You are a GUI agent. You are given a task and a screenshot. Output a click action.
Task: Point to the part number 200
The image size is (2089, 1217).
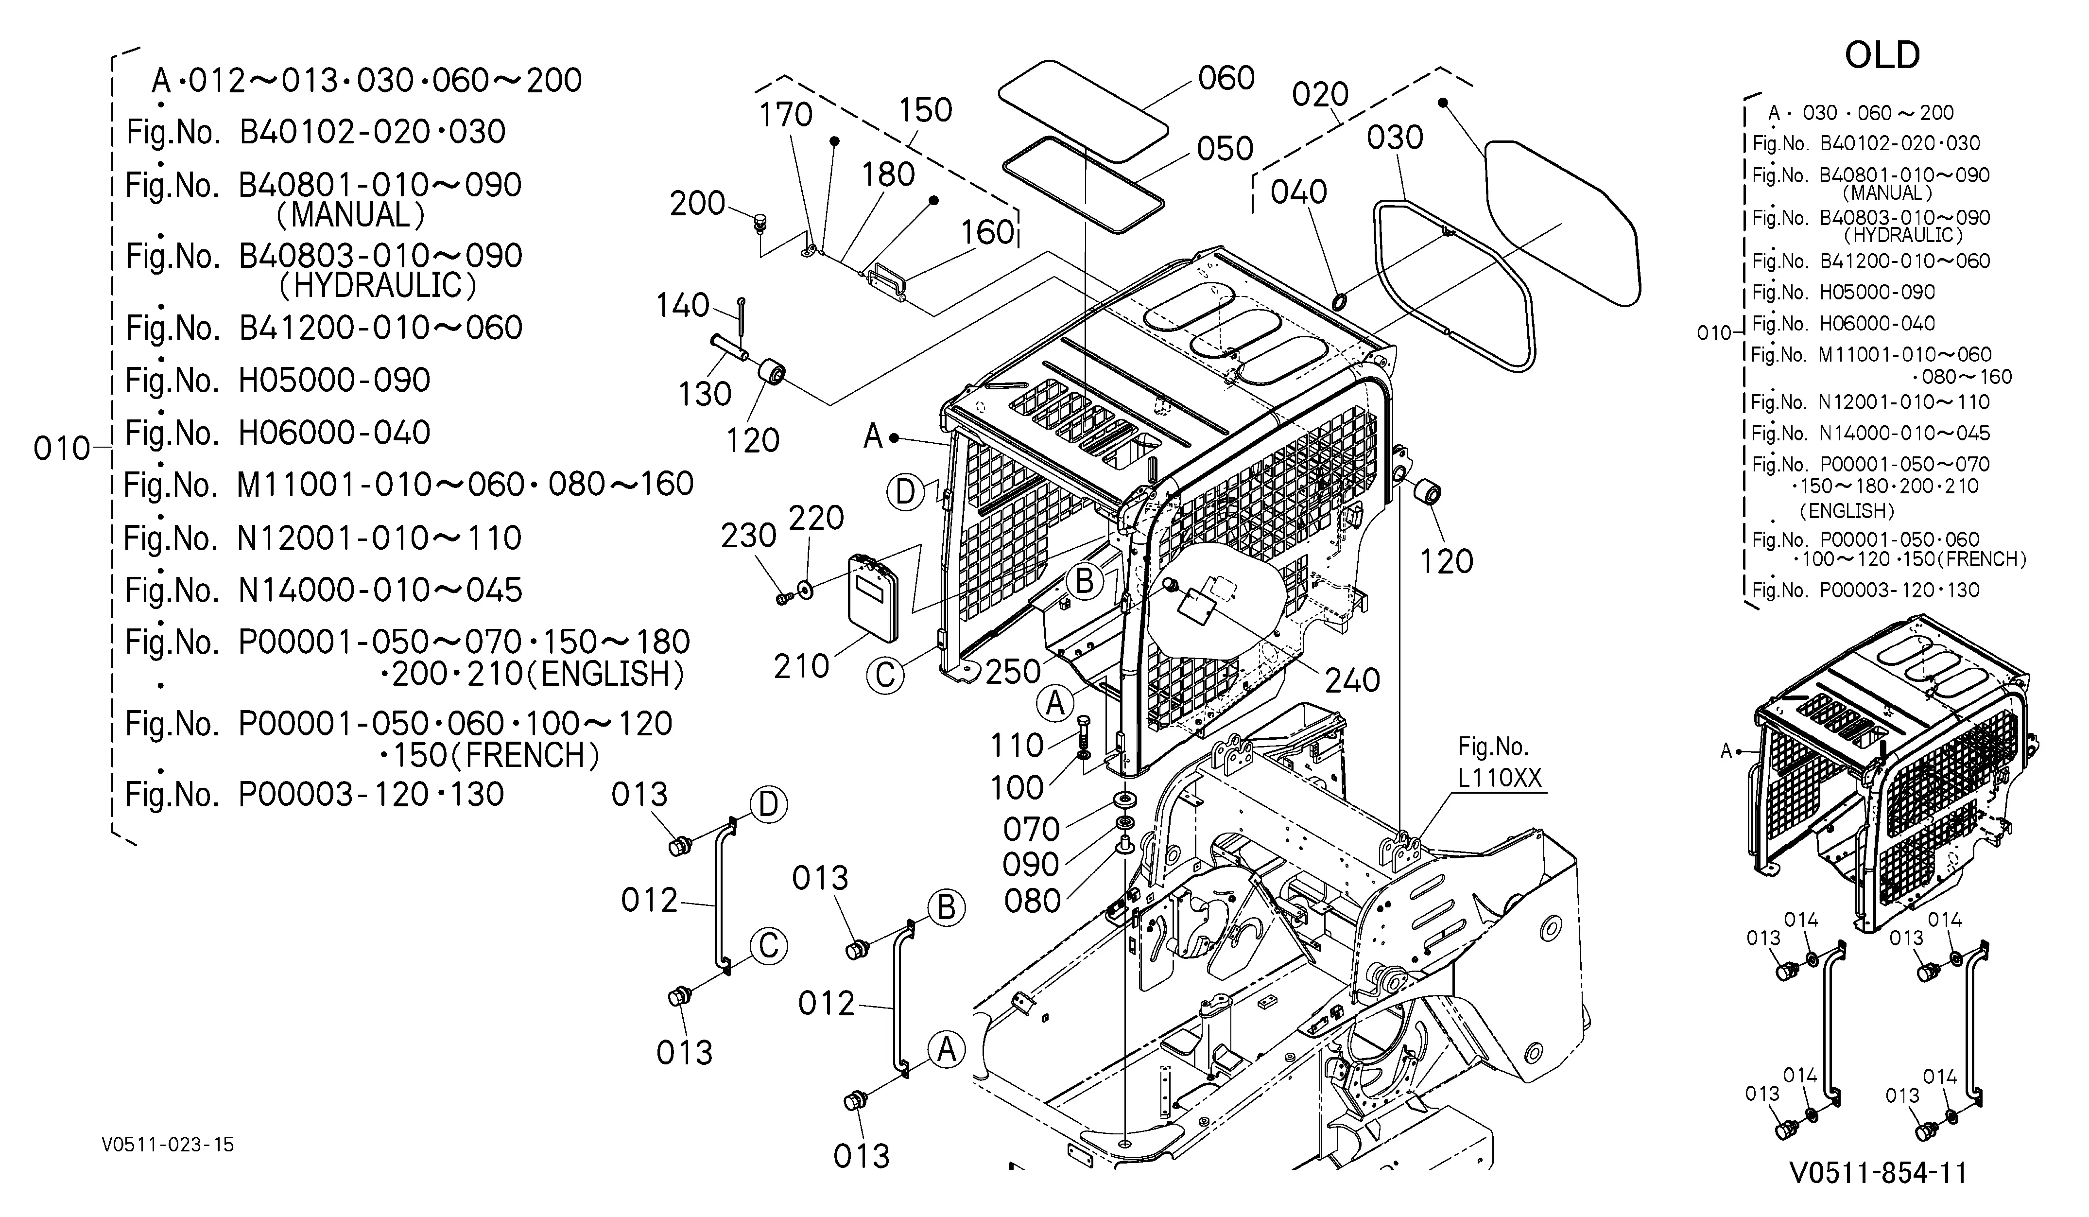697,203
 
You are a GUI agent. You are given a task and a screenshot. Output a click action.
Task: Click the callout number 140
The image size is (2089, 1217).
683,306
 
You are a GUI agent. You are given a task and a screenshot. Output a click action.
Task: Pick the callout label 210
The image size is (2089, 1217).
802,666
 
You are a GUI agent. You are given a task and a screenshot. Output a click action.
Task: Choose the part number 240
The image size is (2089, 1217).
1352,680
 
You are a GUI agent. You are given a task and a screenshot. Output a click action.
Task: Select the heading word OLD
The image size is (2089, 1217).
1882,55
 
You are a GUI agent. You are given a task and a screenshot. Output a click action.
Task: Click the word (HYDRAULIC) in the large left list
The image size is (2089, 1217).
378,286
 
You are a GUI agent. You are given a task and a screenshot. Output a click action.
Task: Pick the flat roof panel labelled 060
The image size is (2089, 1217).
1083,110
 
